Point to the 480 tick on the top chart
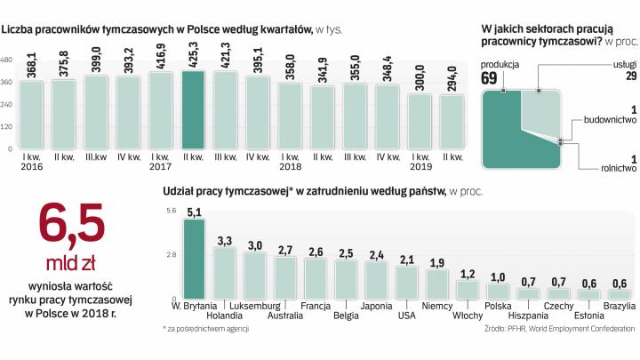[7, 60]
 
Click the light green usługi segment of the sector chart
[540, 111]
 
